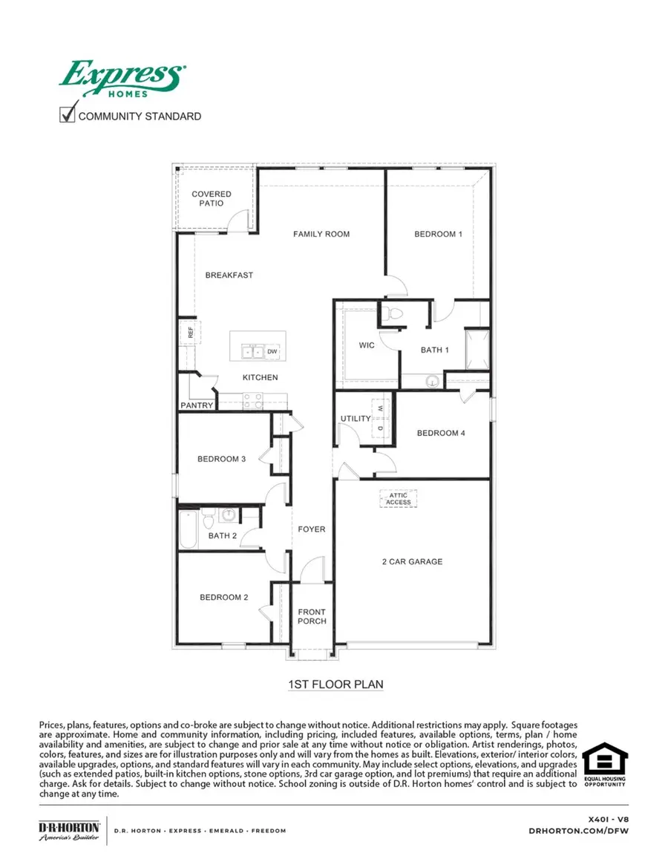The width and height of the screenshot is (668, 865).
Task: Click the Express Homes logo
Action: coord(122,79)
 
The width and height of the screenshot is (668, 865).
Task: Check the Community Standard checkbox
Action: coord(68,115)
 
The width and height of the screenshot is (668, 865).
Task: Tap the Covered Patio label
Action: coord(212,198)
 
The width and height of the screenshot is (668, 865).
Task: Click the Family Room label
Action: coord(321,234)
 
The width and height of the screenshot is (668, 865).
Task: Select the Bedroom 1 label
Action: coord(438,234)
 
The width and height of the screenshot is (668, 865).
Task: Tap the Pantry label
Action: coord(197,405)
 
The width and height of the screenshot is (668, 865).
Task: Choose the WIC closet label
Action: coord(367,346)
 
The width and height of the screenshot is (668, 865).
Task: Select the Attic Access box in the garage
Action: coord(398,498)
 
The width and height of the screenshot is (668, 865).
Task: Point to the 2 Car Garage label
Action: coord(412,561)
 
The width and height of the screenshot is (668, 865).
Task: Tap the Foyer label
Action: coord(312,529)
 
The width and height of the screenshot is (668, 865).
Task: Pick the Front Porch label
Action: coord(312,616)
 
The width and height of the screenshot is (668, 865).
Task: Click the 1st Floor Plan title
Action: coord(335,684)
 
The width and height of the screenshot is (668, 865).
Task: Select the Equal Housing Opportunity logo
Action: coord(604,765)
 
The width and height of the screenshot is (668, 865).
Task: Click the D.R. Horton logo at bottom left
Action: coord(69,830)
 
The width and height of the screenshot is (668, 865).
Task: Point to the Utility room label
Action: coord(356,419)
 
